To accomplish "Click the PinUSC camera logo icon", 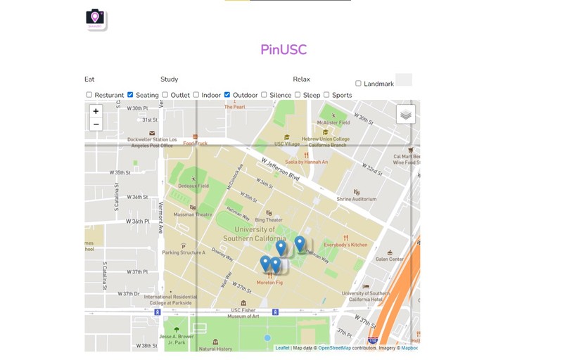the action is [x=95, y=18].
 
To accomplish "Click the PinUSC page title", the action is [x=283, y=50].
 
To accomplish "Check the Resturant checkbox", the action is [x=89, y=95].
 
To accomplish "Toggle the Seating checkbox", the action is [x=131, y=95].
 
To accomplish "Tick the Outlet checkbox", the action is [x=165, y=95].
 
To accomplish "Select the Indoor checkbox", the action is [x=196, y=95].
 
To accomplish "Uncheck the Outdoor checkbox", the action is [x=227, y=95].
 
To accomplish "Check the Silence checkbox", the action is [x=264, y=95].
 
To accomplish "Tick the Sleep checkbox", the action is [x=298, y=95].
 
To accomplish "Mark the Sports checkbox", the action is [x=326, y=95].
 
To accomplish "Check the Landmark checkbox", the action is [x=358, y=84].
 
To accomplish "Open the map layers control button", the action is [x=406, y=115].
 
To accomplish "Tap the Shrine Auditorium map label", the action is [x=356, y=199].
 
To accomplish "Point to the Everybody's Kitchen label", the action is [x=345, y=245].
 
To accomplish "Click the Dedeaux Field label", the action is [x=193, y=186].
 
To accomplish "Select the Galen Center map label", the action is [x=389, y=259].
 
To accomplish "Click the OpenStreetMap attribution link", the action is [x=334, y=348].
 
